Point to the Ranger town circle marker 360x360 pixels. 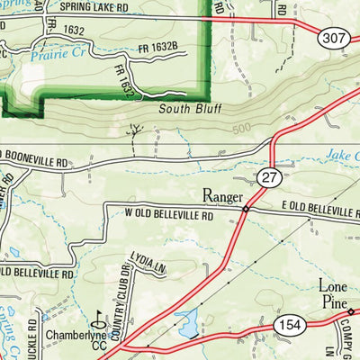(x=245, y=210)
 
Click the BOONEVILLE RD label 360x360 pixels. (x=36, y=164)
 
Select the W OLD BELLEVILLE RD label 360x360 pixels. (x=161, y=216)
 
